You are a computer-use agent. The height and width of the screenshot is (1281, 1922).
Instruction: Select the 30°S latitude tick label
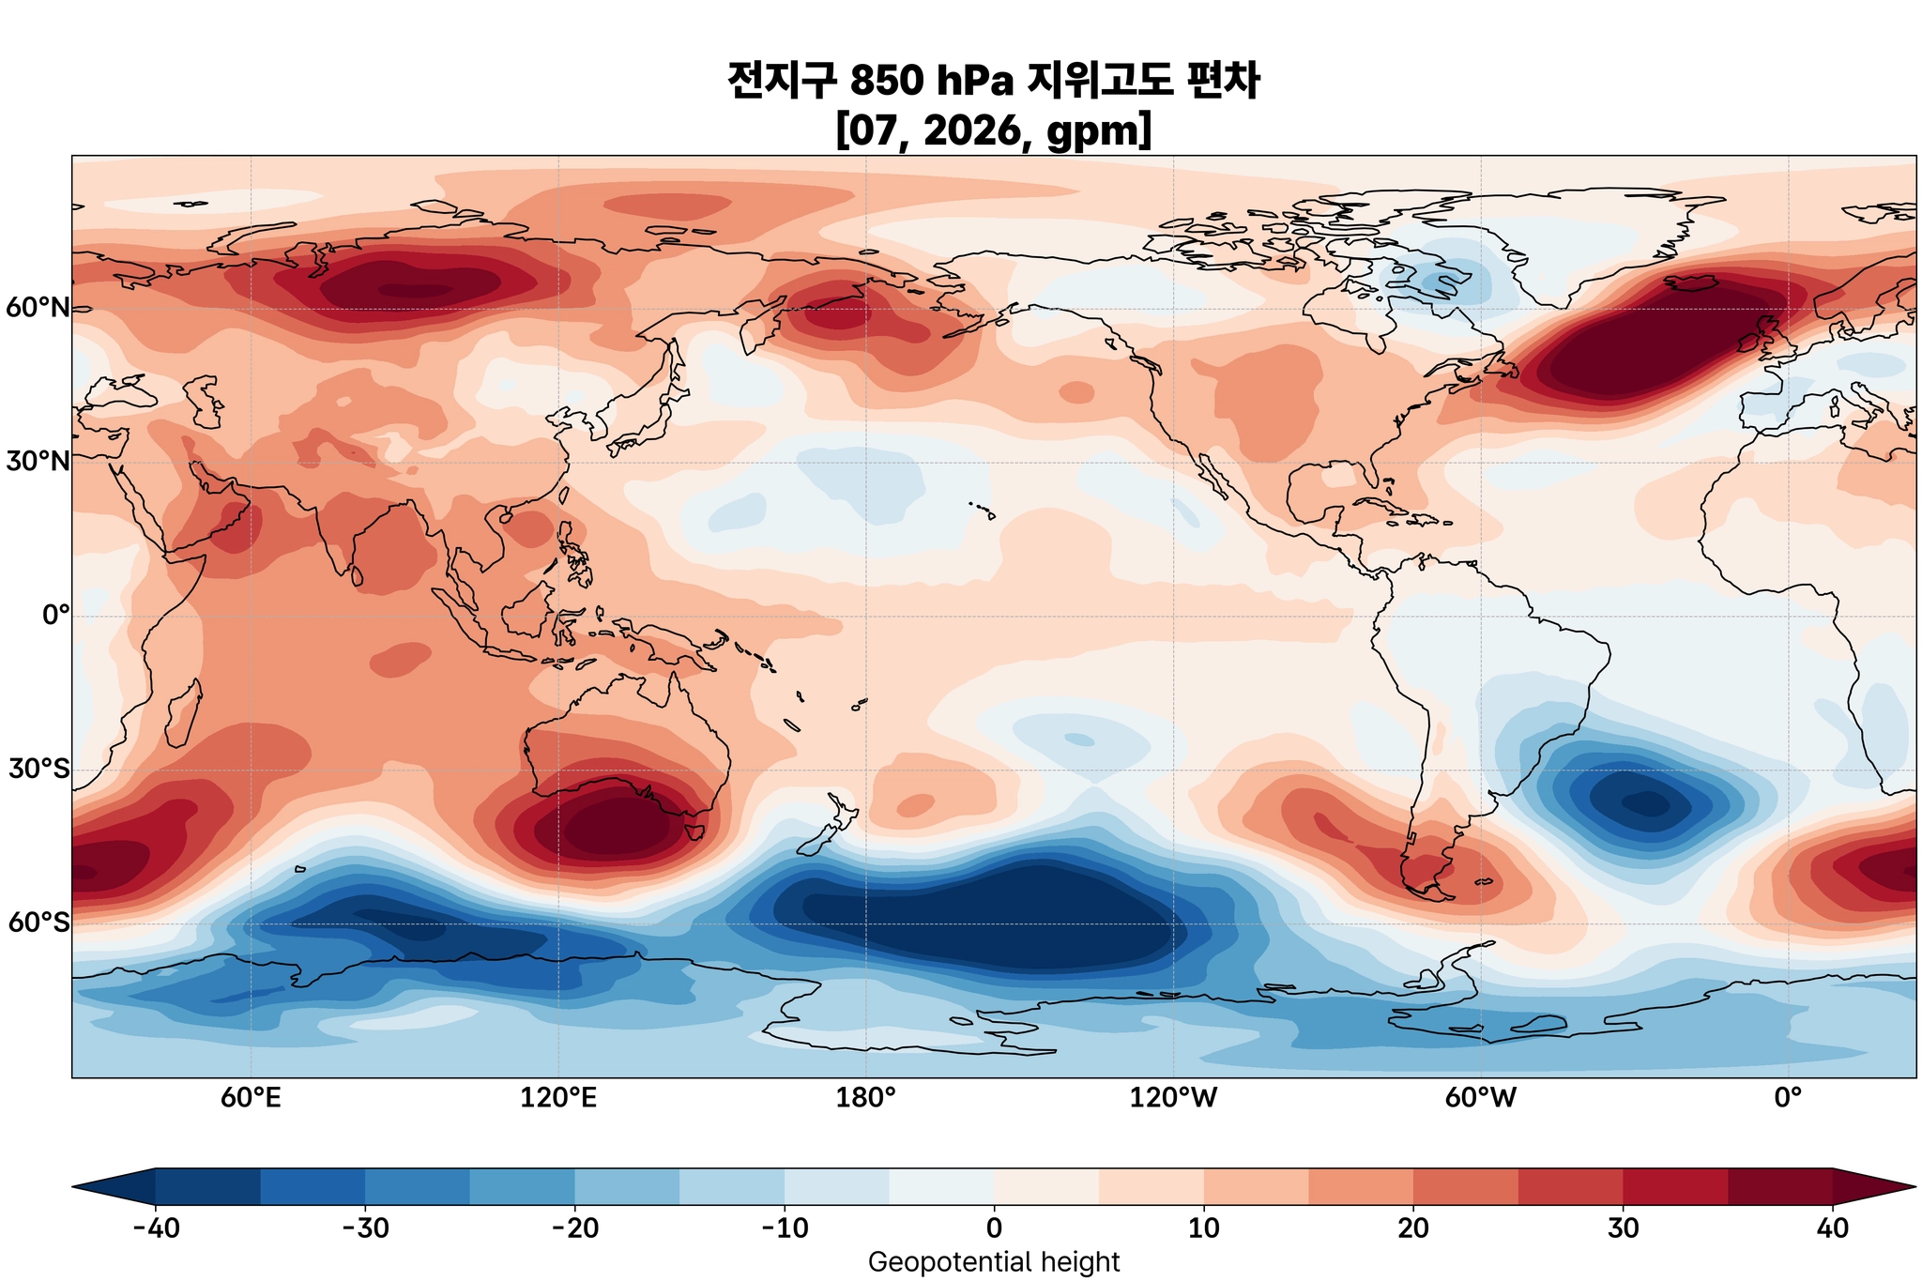pos(38,770)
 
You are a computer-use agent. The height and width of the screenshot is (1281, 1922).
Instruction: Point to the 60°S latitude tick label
pos(38,923)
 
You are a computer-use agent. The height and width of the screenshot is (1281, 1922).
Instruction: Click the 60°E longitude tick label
pos(251,1098)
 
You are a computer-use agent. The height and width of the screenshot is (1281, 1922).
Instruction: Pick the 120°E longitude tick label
pos(558,1098)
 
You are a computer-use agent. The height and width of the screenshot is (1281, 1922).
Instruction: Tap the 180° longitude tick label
pos(865,1098)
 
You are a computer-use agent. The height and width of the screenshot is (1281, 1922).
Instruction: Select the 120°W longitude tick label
pos(1173,1098)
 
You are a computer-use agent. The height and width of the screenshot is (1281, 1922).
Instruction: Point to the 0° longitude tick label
pos(1788,1098)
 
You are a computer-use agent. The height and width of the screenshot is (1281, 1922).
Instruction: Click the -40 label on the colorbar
pos(155,1228)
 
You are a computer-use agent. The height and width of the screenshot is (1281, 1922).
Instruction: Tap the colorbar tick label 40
pos(1832,1228)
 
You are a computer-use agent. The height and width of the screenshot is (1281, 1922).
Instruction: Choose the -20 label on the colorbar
pos(574,1228)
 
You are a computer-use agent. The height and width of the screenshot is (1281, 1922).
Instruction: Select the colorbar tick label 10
pos(1203,1228)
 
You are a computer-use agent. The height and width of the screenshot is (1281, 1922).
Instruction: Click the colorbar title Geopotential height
pos(994,1262)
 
